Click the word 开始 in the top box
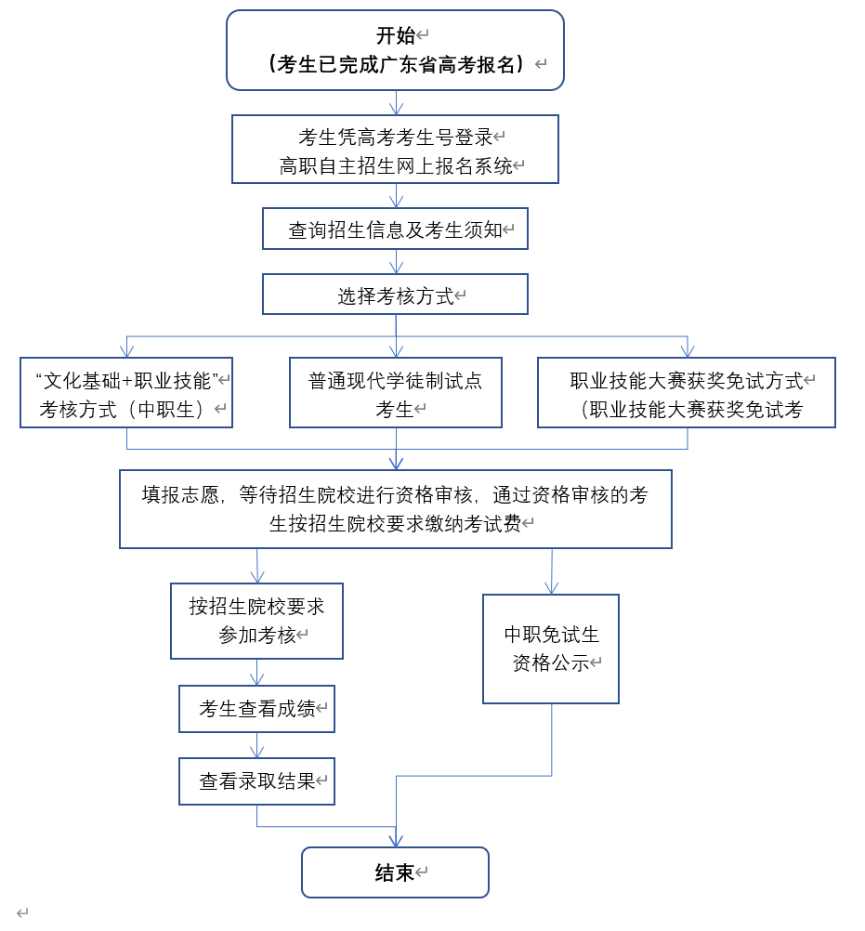[x=395, y=36]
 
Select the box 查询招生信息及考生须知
[x=395, y=229]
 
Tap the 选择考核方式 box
[x=395, y=295]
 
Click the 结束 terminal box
[x=395, y=872]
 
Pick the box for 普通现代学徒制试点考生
[x=395, y=392]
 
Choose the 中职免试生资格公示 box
[x=551, y=649]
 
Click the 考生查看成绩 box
[x=256, y=709]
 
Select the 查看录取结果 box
[x=256, y=781]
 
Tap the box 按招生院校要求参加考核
[x=256, y=621]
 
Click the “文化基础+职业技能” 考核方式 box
[x=126, y=392]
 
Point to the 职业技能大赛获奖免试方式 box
[x=686, y=392]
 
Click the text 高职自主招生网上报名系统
[x=396, y=166]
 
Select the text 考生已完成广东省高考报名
[x=396, y=64]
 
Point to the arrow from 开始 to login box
[x=397, y=103]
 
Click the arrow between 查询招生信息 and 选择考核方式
[x=397, y=262]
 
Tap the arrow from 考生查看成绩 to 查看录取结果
[x=257, y=746]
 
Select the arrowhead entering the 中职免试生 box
[x=551, y=587]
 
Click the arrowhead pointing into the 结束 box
[x=397, y=840]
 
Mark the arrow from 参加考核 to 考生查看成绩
[x=257, y=673]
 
